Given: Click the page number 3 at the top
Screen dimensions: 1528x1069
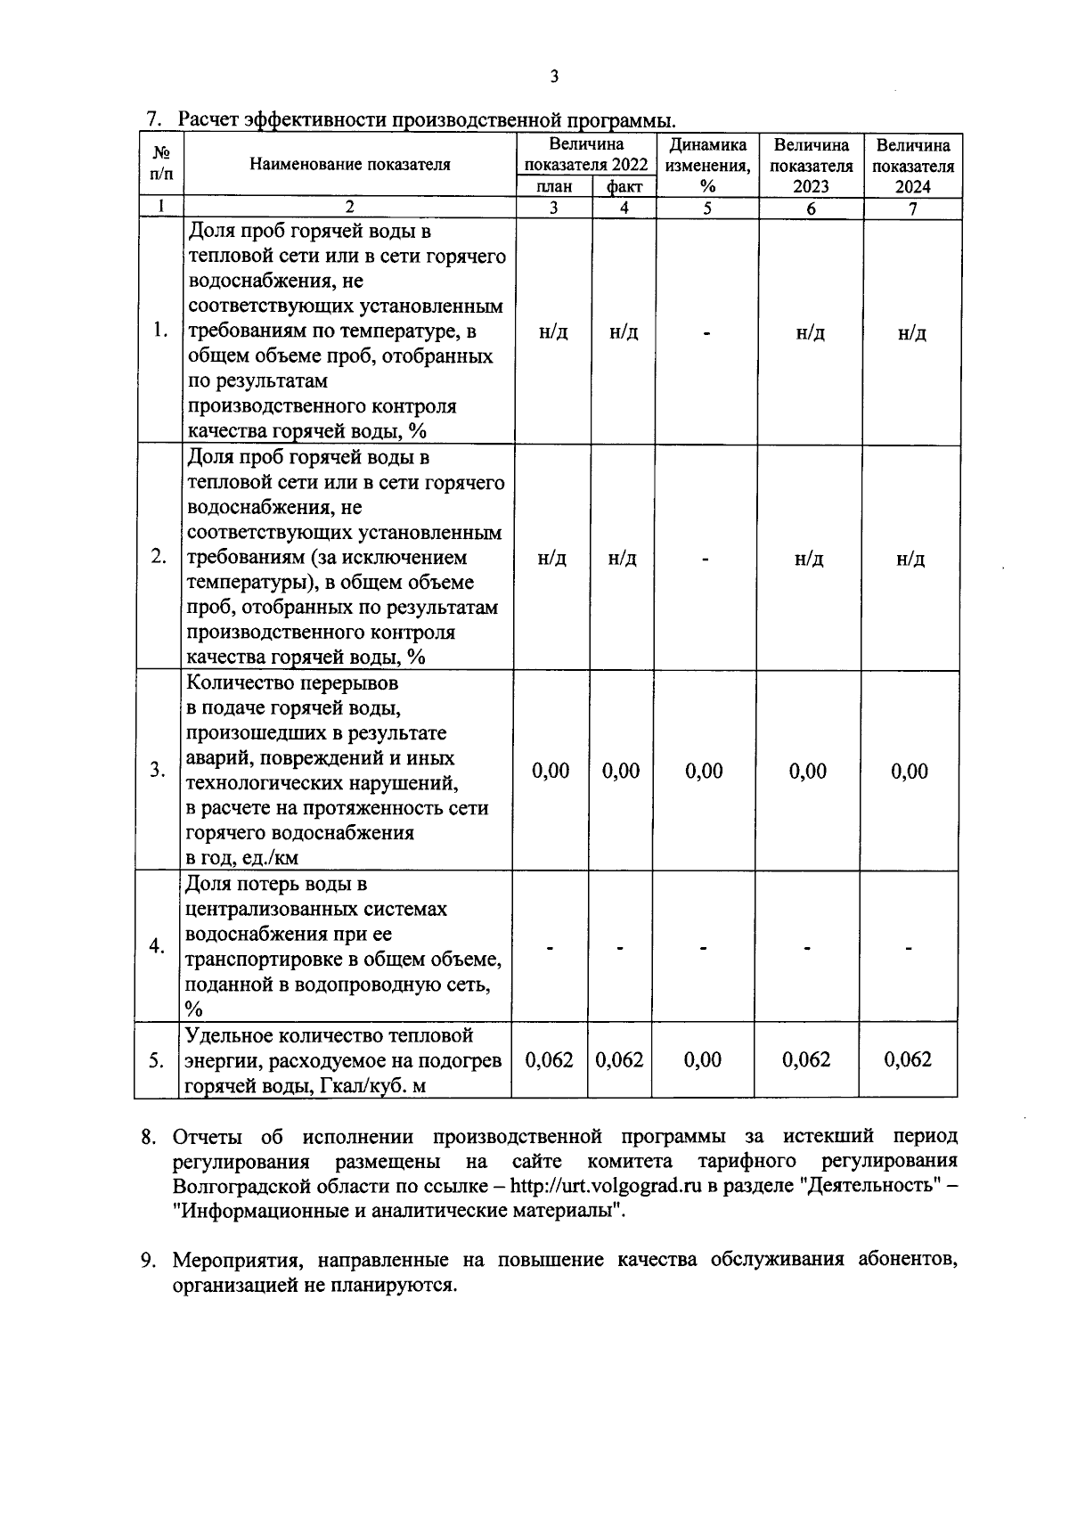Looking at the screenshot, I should tap(554, 77).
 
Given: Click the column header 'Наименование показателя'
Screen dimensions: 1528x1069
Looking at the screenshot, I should tap(350, 164).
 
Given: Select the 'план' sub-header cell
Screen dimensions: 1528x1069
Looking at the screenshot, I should tap(555, 186).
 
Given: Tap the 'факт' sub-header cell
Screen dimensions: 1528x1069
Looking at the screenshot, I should tap(624, 186).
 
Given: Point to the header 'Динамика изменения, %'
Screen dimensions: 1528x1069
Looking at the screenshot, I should tap(707, 165).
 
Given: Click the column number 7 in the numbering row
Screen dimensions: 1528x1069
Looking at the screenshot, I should tap(912, 208).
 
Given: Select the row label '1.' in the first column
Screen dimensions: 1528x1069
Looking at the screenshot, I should tap(159, 330).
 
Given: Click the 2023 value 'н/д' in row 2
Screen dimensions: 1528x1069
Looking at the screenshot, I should tap(809, 559).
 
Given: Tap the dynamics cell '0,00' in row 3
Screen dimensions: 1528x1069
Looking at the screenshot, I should tap(704, 771).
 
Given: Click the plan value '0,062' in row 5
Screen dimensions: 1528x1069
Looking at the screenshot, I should tap(549, 1059).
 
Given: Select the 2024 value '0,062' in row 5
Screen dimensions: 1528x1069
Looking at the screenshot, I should tap(908, 1059).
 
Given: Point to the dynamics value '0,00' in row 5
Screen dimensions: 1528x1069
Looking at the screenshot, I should tap(703, 1059).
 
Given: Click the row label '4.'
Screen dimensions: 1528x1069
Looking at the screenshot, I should tap(158, 945).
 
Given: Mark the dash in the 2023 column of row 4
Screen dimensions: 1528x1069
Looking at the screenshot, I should tap(806, 948).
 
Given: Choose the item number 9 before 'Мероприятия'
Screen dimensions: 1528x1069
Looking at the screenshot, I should tap(150, 1261).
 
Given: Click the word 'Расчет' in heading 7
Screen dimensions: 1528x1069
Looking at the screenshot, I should tap(208, 119).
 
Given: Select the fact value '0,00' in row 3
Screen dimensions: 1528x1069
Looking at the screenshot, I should tap(620, 771).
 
